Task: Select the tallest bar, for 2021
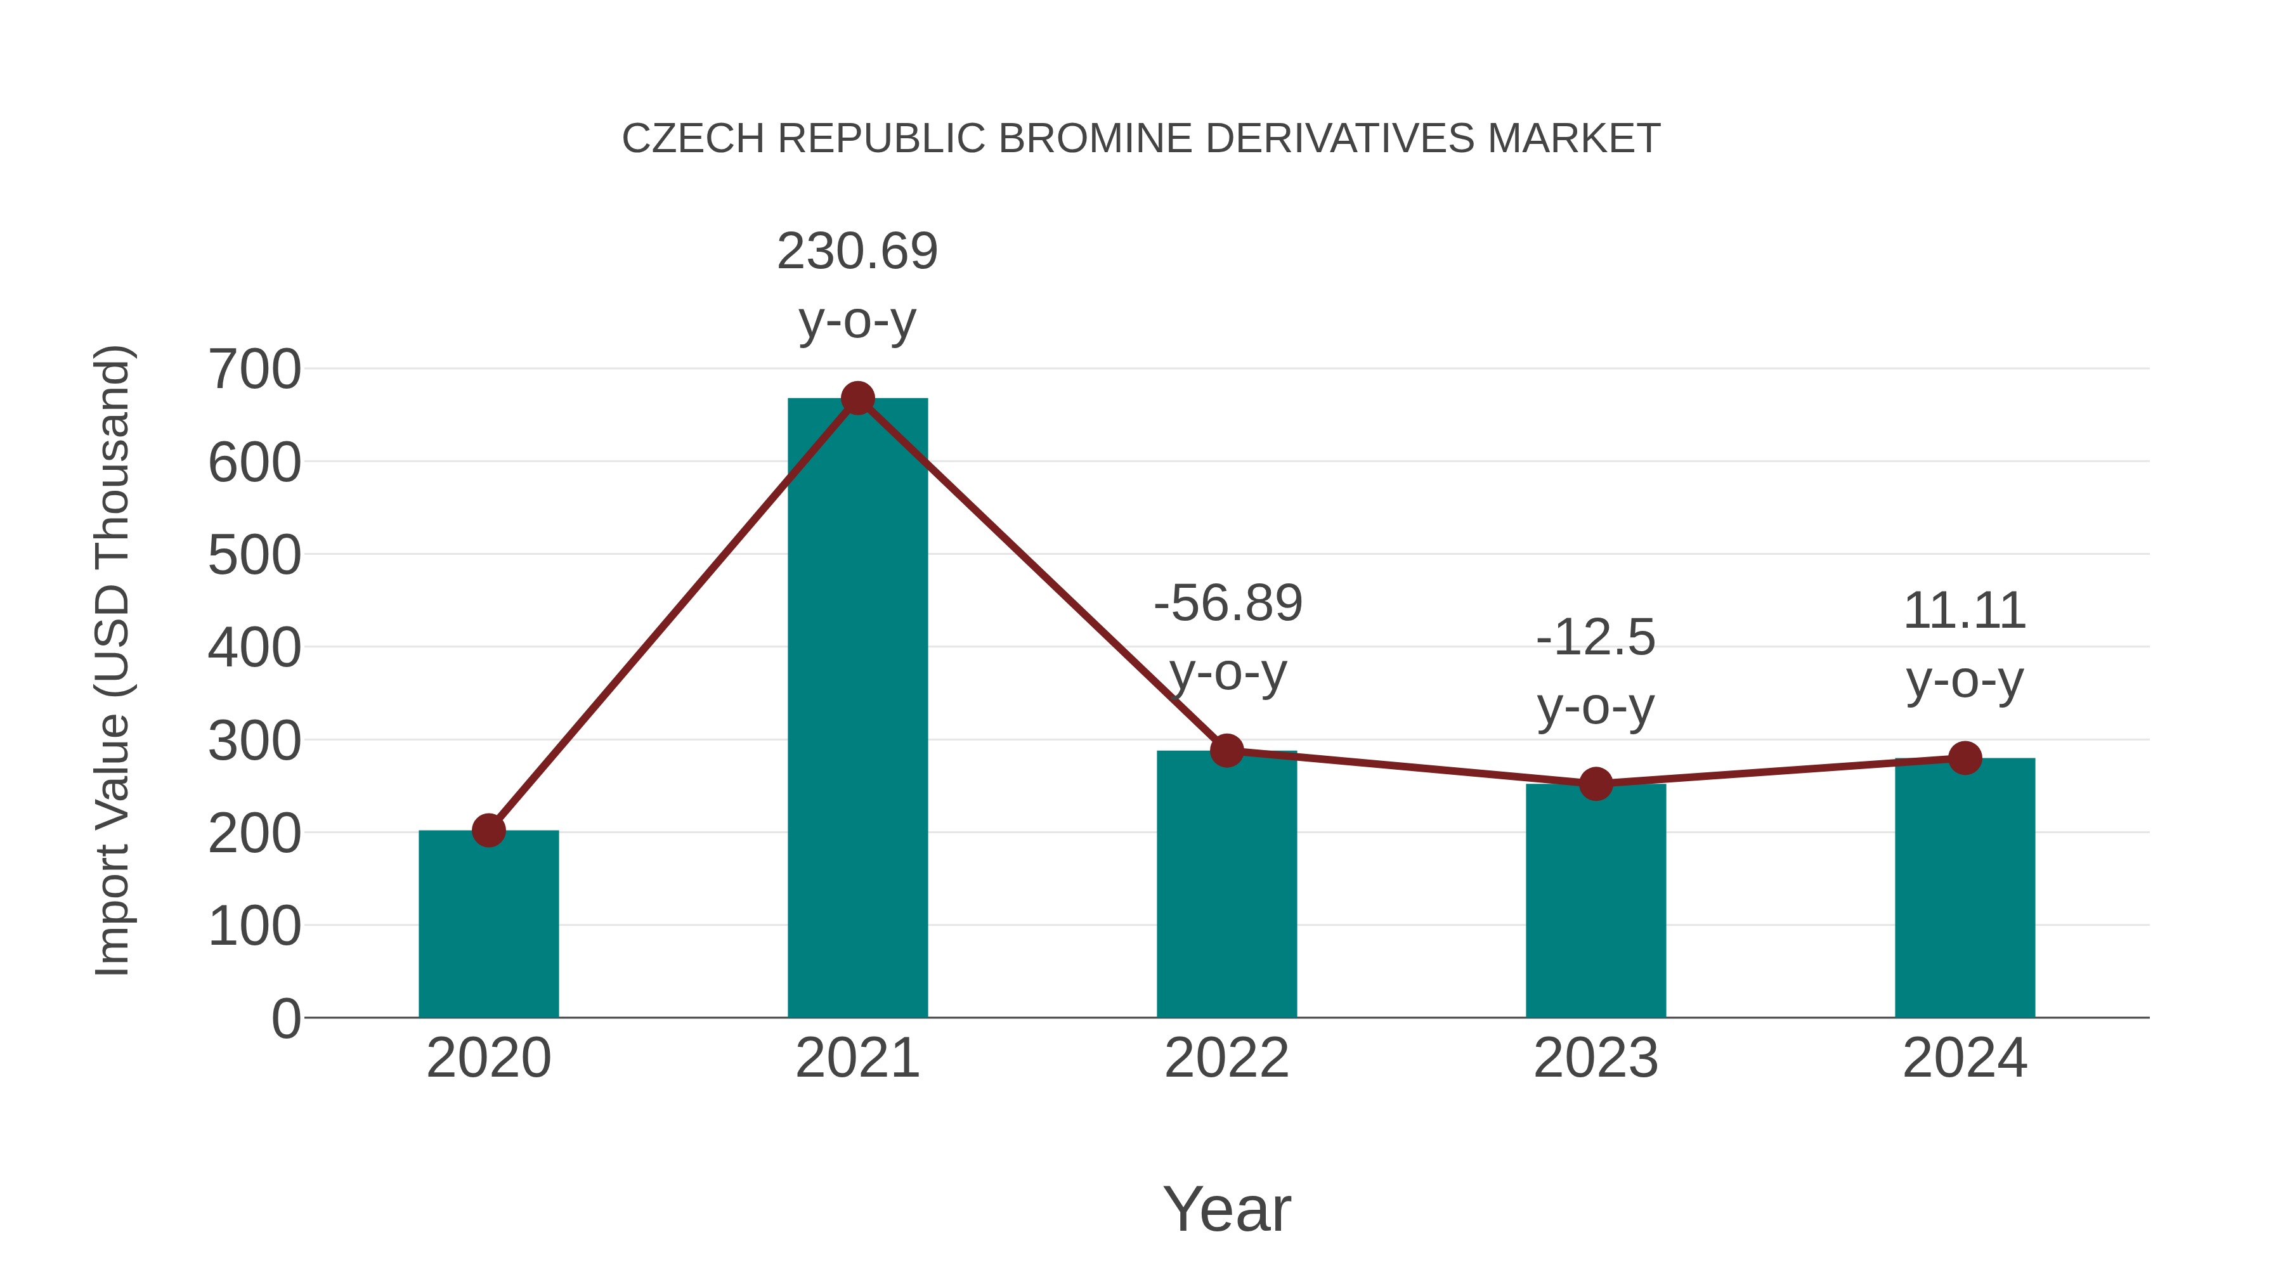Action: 857,709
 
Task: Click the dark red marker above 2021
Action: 857,399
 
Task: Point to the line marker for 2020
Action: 488,830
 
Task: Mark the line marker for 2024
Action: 1965,758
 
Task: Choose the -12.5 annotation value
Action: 1596,638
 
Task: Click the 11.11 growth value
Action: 1965,611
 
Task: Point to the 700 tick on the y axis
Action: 254,370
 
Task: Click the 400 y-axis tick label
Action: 254,648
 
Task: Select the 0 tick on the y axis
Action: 285,1018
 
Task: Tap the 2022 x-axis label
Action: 1226,1058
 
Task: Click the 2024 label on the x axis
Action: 1965,1058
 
